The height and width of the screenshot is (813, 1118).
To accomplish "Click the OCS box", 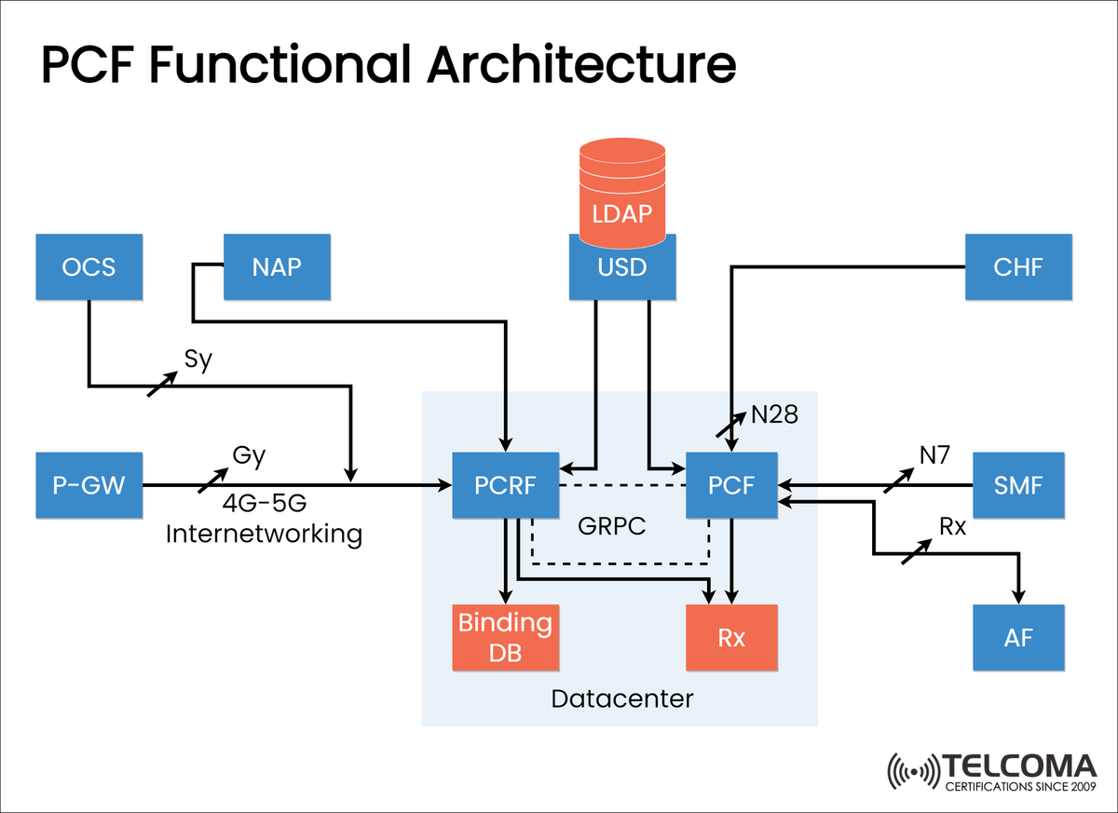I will tap(89, 267).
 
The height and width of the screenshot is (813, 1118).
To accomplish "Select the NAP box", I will tap(277, 267).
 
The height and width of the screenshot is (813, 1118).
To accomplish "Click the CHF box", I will tap(1018, 267).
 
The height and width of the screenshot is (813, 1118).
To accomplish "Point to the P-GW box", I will tap(89, 485).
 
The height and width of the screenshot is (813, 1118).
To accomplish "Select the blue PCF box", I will tap(731, 485).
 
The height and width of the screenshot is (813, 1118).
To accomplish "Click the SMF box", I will tap(1018, 485).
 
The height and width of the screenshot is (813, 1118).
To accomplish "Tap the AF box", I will tap(1018, 638).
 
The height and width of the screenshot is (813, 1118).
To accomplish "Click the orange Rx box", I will tap(731, 638).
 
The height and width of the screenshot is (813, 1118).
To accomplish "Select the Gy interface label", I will tap(249, 456).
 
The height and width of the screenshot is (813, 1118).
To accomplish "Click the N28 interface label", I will tap(774, 415).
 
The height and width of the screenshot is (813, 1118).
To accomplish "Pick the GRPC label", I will tap(611, 526).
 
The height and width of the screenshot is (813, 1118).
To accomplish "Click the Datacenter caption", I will tap(622, 698).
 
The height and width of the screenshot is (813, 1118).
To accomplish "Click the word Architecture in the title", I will tap(579, 65).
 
